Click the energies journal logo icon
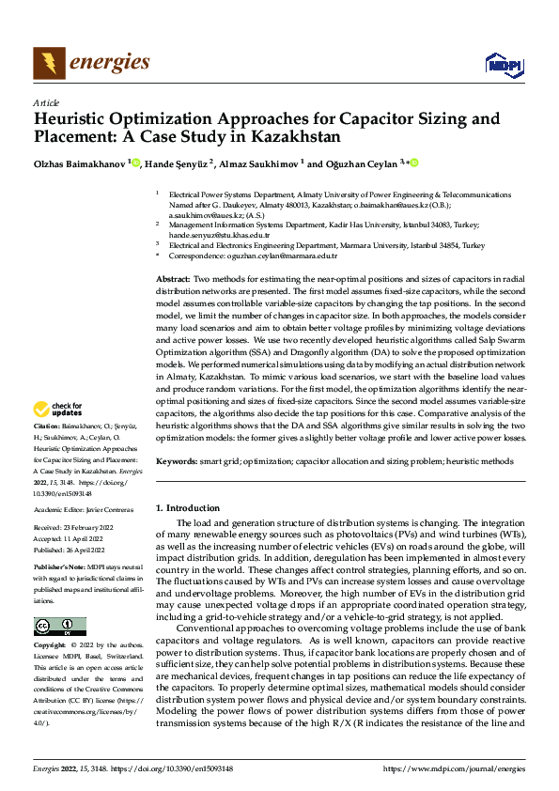pos(48,62)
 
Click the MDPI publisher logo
pos(502,63)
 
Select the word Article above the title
pos(45,102)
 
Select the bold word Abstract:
pos(173,280)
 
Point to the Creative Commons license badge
pos(59,627)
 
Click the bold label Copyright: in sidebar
pos(50,645)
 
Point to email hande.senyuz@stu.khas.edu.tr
pos(218,235)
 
